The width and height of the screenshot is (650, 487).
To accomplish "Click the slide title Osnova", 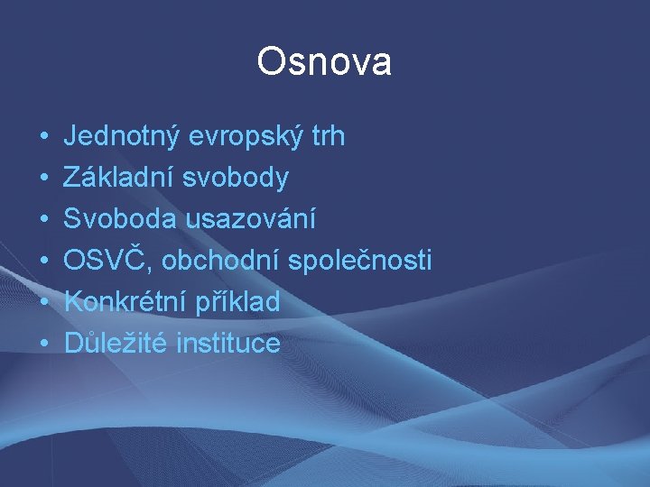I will click(x=324, y=62).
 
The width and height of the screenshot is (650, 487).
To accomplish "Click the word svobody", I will click(x=236, y=178).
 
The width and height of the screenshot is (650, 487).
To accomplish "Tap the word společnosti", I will click(x=360, y=261).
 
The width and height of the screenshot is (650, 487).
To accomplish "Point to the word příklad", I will click(x=237, y=302).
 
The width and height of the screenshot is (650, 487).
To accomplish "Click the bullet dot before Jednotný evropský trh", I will click(x=43, y=138).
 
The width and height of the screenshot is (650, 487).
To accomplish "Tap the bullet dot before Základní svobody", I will click(x=43, y=179).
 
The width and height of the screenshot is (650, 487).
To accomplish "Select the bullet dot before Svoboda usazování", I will click(x=43, y=220).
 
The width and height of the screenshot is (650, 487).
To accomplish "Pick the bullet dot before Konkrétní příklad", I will click(x=43, y=303).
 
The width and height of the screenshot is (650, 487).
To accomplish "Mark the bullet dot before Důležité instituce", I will click(x=43, y=344).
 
